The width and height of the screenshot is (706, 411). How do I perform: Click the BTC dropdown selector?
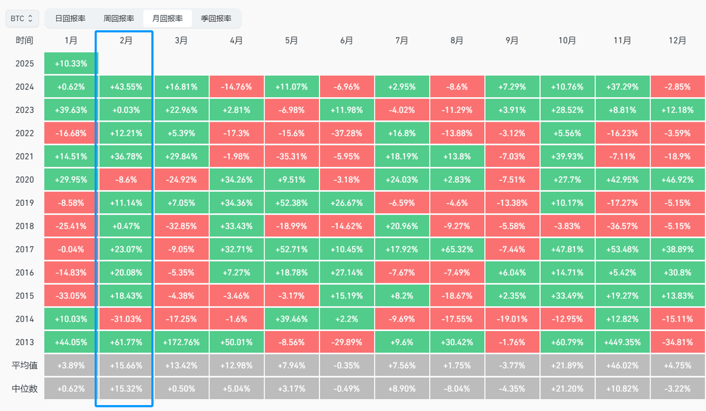click(23, 18)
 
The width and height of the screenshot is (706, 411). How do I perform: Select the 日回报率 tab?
click(70, 18)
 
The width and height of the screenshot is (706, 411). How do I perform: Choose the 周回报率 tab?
click(118, 18)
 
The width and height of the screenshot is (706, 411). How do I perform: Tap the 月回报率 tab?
click(167, 18)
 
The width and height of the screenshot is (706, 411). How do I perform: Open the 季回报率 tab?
click(215, 18)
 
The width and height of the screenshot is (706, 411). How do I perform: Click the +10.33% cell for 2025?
click(71, 64)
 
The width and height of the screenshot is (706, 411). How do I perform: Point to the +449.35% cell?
click(622, 342)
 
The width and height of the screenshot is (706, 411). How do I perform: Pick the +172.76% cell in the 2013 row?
click(181, 342)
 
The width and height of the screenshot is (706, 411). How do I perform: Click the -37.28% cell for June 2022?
click(347, 133)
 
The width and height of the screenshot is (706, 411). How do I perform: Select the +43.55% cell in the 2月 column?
click(126, 86)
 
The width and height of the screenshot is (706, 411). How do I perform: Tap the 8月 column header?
click(457, 41)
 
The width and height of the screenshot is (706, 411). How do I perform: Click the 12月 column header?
click(678, 41)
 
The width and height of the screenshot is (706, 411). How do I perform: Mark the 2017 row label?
click(25, 249)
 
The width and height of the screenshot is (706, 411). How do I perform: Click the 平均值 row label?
click(25, 365)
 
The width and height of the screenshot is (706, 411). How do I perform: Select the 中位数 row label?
click(25, 389)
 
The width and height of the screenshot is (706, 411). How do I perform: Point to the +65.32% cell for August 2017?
click(457, 249)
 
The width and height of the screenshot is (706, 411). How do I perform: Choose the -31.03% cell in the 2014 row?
click(126, 319)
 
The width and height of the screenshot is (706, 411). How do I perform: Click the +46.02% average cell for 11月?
click(622, 365)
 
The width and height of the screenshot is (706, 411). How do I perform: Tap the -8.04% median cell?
click(457, 389)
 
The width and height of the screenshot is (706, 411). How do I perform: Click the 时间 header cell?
click(25, 41)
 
